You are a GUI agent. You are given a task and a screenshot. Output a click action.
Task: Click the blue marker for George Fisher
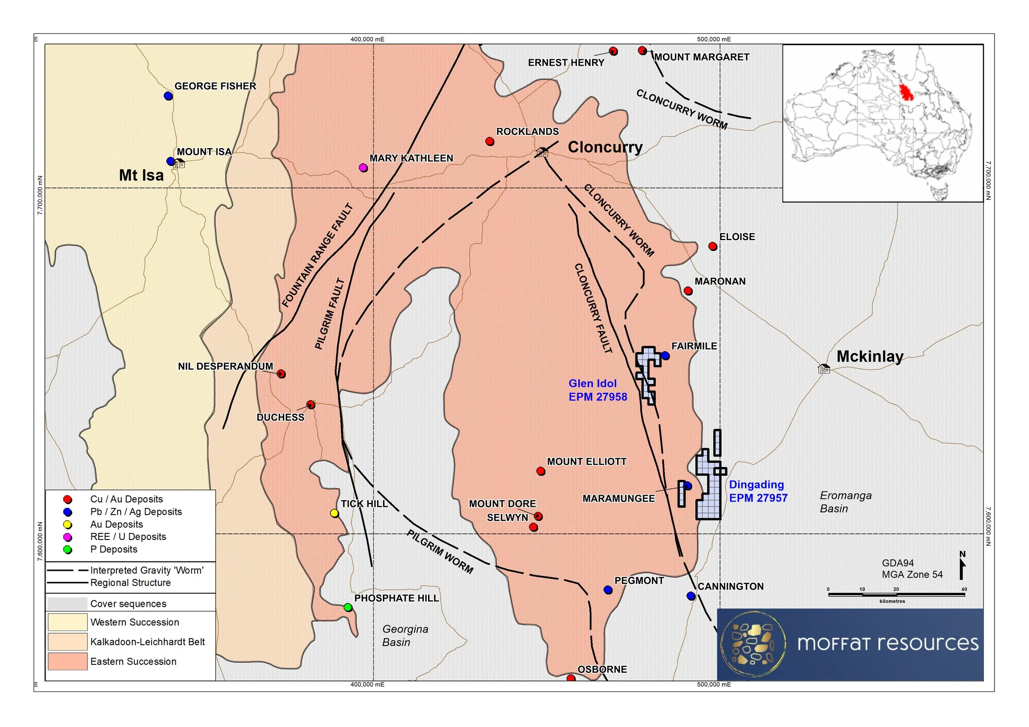click(x=168, y=96)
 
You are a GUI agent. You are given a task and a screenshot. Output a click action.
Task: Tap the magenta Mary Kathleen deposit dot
click(x=363, y=168)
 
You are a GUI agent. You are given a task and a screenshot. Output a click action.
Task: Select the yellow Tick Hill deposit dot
click(x=334, y=513)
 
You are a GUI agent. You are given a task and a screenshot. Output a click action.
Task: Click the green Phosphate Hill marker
click(x=348, y=607)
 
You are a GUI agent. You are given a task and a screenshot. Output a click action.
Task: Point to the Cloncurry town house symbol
click(x=542, y=152)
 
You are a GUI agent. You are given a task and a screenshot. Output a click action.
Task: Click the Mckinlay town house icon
click(x=824, y=369)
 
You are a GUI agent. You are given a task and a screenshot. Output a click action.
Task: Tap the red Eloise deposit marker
click(x=712, y=246)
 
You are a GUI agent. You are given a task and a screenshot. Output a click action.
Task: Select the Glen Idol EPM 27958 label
click(x=597, y=390)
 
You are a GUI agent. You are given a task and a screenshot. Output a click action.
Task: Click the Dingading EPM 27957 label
click(x=758, y=491)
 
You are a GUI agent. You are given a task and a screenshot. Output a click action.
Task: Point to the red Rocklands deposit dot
click(x=490, y=141)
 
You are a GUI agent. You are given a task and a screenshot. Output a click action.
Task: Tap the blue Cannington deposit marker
click(x=691, y=596)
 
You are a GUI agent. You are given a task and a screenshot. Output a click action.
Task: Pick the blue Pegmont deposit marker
click(x=608, y=590)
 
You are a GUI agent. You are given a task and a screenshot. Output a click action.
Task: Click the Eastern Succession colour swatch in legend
click(x=68, y=661)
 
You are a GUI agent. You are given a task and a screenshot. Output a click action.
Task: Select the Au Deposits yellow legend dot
click(x=68, y=524)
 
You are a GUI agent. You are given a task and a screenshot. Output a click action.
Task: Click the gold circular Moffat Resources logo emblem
click(x=752, y=643)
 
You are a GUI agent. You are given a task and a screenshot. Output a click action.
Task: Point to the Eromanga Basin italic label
click(x=845, y=502)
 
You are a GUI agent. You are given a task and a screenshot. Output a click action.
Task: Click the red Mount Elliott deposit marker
click(x=541, y=471)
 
